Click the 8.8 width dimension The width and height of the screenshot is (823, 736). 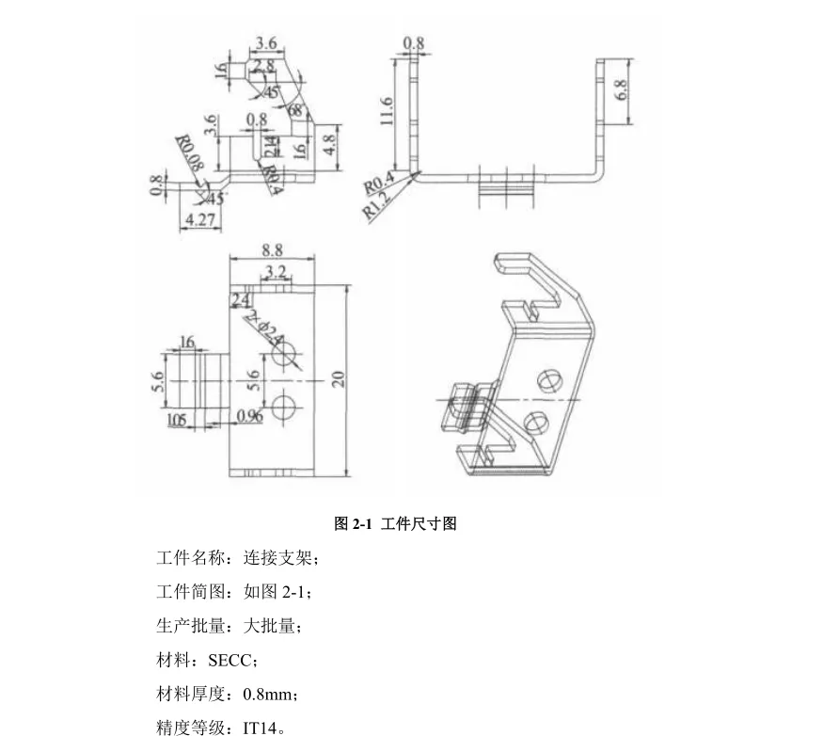(273, 250)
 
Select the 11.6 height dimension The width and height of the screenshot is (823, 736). (387, 111)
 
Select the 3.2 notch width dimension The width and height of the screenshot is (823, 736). (276, 272)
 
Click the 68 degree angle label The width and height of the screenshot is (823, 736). (296, 110)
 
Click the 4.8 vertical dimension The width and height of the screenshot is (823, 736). (329, 144)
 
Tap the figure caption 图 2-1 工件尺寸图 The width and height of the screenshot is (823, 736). (395, 524)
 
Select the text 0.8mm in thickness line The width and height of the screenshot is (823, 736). (270, 696)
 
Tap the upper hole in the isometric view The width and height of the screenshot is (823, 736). (548, 380)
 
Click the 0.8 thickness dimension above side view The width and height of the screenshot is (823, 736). (414, 43)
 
